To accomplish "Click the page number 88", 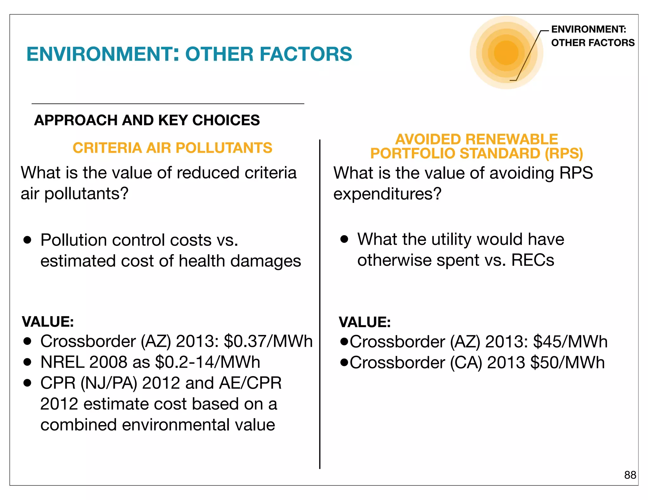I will (630, 475).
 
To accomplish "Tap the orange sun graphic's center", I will (506, 53).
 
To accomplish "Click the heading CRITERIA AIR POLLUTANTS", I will (172, 148).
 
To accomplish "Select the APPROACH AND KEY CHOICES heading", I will (147, 120).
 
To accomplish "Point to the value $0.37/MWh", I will (268, 341).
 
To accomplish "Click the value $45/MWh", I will (570, 342).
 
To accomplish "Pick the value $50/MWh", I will (567, 363).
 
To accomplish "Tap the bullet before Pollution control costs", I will (28, 240).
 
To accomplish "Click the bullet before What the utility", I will (344, 239).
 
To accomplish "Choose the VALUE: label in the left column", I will (48, 322).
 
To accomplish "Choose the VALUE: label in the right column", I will (365, 322).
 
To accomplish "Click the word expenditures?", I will (387, 194).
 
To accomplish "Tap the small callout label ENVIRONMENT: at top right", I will (589, 29).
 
